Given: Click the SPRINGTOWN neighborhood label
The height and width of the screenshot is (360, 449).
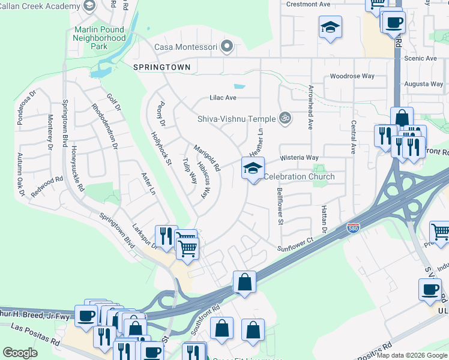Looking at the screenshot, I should [x=161, y=68].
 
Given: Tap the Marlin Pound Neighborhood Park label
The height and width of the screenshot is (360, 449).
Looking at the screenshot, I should [x=100, y=37].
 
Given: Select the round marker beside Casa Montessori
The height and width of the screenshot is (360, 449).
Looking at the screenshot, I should [x=227, y=46].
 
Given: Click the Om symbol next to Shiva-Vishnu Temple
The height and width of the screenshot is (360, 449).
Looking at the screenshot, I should [x=286, y=119].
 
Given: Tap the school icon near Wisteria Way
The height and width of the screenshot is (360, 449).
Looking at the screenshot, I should [x=253, y=169].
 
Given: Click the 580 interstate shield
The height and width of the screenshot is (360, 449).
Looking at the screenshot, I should [x=354, y=229].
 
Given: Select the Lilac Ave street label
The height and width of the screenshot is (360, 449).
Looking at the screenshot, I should [x=223, y=97].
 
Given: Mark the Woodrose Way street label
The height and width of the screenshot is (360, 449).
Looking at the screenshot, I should [x=352, y=76].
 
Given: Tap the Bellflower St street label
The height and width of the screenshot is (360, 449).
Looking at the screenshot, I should [x=280, y=206].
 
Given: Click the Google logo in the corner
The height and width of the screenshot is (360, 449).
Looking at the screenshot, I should [x=20, y=353].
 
